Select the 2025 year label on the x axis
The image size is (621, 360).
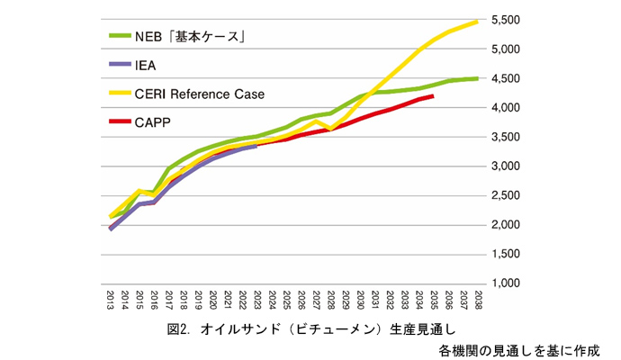(x=286, y=299)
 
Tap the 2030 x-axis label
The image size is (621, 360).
(x=359, y=299)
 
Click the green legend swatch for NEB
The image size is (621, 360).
(x=118, y=36)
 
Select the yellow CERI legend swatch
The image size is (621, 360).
(x=118, y=93)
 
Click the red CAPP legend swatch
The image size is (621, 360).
(x=118, y=121)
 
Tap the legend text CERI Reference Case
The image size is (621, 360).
(x=200, y=93)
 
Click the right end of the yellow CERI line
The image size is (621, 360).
(x=476, y=21)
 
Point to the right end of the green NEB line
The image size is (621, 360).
(x=476, y=78)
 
